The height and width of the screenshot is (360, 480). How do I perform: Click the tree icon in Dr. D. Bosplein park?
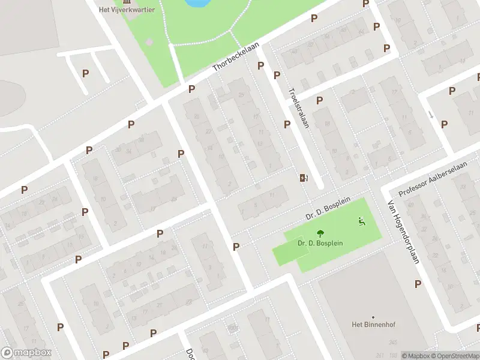pos(319,233)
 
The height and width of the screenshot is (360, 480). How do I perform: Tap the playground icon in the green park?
pos(361,221)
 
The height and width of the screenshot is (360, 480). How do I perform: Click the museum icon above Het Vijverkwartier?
pos(127,1)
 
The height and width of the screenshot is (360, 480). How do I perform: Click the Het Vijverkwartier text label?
pos(127,10)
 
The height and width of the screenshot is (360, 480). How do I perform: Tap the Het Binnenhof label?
pos(373,325)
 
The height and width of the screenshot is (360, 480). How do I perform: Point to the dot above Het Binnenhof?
pos(373,317)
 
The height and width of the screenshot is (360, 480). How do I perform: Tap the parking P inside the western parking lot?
pos(86,73)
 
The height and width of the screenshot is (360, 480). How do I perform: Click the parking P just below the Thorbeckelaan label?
pos(191,89)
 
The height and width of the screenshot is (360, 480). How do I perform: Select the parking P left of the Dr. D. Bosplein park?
pos(236,247)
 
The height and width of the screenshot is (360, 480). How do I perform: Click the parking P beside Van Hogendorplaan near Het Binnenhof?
pos(418,284)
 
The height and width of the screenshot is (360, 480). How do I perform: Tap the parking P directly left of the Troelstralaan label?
pos(287,124)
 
